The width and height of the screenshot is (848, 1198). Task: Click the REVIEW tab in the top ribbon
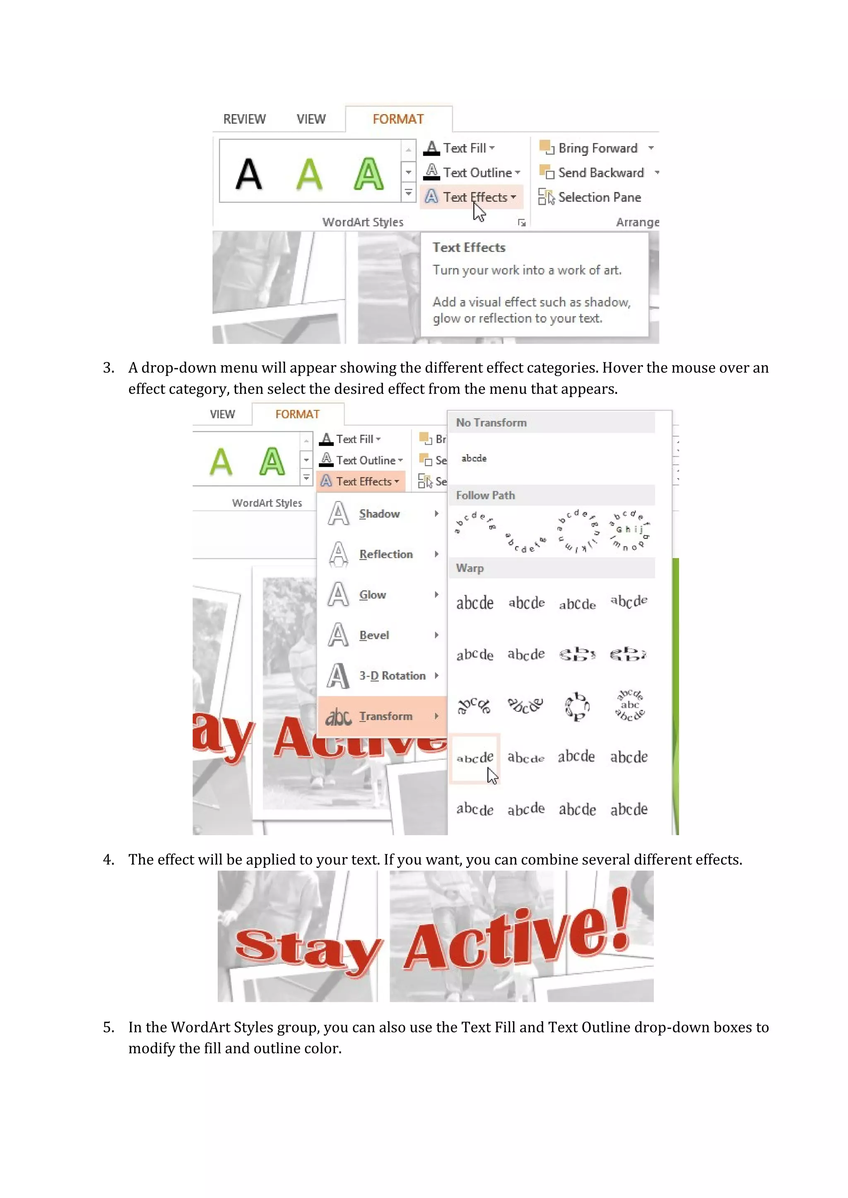point(244,120)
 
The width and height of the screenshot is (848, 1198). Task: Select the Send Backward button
point(600,173)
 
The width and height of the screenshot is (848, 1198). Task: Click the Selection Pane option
point(598,197)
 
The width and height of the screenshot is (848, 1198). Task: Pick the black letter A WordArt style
point(248,174)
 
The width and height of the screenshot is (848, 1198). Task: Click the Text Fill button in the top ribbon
point(464,148)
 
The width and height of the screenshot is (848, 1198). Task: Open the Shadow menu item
point(379,514)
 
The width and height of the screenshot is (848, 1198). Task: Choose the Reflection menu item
point(385,554)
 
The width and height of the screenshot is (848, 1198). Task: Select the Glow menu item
point(372,595)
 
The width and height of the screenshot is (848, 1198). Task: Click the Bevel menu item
point(374,635)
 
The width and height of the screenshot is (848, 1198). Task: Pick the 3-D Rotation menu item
point(392,676)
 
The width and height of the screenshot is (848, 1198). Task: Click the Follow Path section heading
point(485,495)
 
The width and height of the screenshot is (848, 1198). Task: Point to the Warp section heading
point(470,568)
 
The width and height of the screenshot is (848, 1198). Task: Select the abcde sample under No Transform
point(474,458)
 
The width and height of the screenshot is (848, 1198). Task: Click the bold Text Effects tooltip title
point(468,247)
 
